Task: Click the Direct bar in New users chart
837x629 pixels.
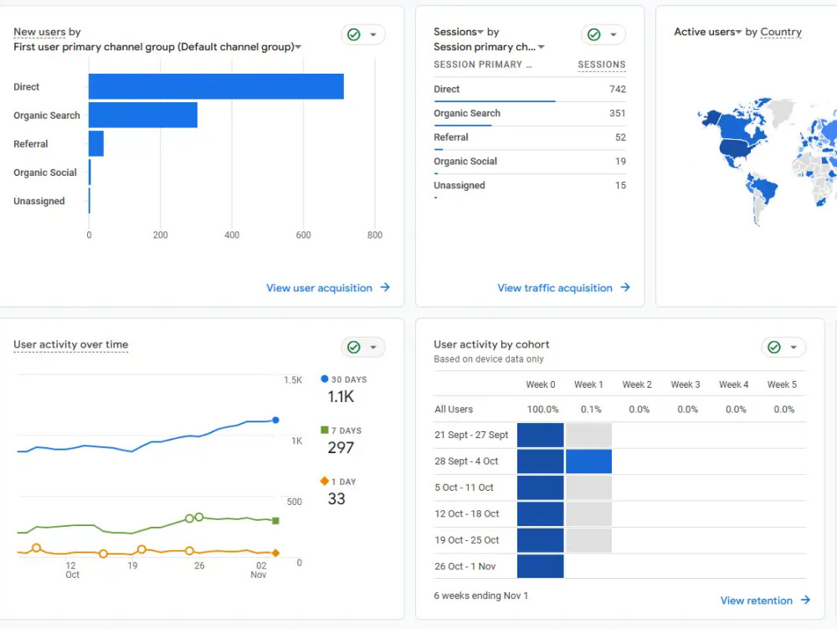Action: coord(216,86)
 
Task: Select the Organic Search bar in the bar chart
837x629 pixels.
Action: coord(143,115)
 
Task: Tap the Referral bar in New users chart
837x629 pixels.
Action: coord(96,143)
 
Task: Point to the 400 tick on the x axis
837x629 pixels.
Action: coord(232,235)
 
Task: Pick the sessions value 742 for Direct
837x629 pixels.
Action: coord(618,89)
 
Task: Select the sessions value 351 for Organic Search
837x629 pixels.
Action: coord(618,113)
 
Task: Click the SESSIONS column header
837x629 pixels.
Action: coord(602,64)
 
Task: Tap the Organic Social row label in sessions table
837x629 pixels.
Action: coord(465,162)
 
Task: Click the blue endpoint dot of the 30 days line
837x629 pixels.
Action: coord(275,420)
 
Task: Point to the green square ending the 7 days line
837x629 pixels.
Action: coord(275,521)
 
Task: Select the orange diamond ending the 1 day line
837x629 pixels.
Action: coord(275,553)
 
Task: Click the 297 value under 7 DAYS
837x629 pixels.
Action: coord(341,447)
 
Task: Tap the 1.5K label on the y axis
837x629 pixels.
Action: coord(293,380)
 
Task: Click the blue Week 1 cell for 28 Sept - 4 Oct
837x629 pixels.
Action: coord(588,461)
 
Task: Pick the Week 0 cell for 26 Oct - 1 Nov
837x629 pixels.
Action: coord(540,566)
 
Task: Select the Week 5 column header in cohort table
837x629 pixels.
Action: coord(782,384)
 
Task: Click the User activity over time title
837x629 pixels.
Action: coord(71,344)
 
